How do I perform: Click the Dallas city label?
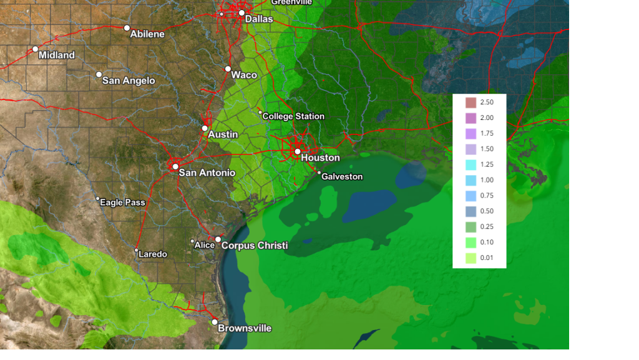[x=259, y=19]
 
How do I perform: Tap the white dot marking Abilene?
[x=127, y=27]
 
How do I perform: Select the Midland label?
[x=56, y=55]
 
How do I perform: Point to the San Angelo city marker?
[x=99, y=74]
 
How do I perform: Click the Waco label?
[x=243, y=75]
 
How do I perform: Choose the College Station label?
[x=293, y=116]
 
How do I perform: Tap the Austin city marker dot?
[x=205, y=128]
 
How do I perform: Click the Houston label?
[x=320, y=158]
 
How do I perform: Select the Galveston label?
[x=341, y=177]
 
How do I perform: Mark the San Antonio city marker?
[x=176, y=166]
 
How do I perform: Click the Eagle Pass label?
[x=122, y=202]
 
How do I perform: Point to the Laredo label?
[x=153, y=254]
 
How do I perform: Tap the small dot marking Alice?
[x=192, y=241]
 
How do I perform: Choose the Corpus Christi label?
[x=255, y=246]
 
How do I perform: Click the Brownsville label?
[x=245, y=328]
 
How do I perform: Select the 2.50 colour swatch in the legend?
[x=471, y=102]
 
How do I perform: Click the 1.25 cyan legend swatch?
[x=471, y=165]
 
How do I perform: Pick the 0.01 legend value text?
[x=487, y=258]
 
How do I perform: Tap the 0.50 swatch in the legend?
[x=471, y=211]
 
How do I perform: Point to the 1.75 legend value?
[x=487, y=134]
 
